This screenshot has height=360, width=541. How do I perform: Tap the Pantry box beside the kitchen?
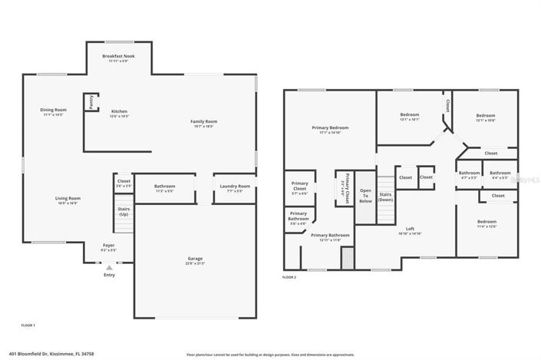91,102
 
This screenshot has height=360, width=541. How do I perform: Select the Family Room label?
204,121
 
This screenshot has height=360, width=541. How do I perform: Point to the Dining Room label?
54,111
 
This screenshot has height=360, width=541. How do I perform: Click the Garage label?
196,259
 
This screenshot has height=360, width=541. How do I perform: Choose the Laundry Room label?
235,187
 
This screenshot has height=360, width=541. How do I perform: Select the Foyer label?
109,246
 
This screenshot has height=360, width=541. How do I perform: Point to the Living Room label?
68,199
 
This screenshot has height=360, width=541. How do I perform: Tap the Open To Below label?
366,196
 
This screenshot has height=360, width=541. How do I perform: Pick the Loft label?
410,230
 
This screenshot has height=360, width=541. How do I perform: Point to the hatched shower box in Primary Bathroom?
348,257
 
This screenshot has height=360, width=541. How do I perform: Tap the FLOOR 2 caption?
289,276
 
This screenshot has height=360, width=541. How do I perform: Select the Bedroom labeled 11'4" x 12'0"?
487,223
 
